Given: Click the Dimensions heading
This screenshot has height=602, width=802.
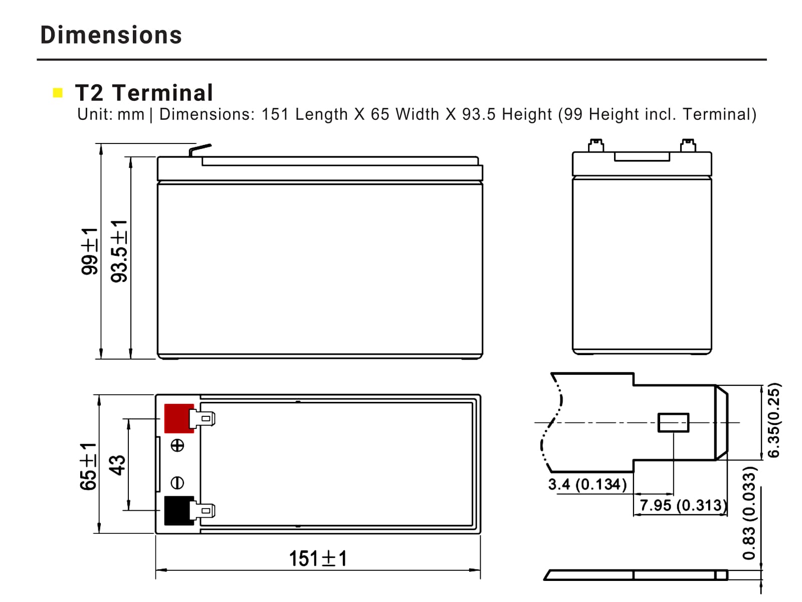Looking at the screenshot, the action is [111, 35].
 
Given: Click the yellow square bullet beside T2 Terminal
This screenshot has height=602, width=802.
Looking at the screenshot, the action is [58, 92].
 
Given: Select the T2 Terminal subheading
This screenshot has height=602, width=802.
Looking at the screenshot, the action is [144, 92].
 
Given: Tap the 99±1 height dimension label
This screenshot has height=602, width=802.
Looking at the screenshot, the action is [90, 251].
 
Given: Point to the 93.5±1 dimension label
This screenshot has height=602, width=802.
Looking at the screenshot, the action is [119, 251].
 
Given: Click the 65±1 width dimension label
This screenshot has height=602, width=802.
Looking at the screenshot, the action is [88, 466].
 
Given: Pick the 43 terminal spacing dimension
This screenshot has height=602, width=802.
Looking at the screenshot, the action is [117, 465].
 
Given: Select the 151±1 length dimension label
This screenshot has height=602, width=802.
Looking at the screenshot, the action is [317, 558].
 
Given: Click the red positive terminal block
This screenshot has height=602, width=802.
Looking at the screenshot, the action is [179, 418].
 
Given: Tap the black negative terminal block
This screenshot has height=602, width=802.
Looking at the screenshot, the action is [179, 510].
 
